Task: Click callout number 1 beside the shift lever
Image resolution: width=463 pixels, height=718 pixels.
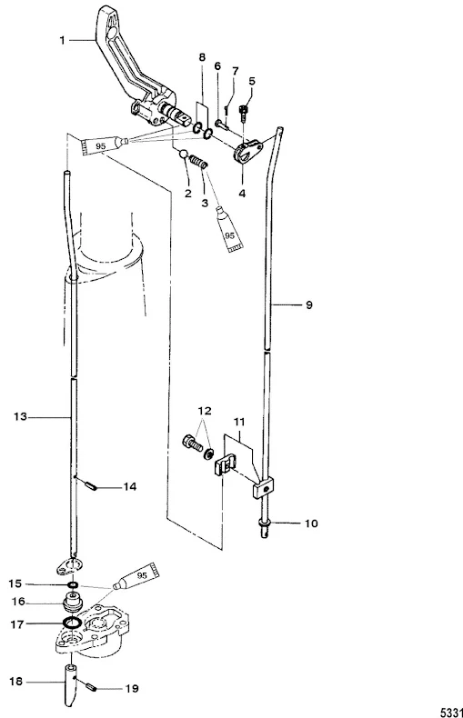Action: [63, 41]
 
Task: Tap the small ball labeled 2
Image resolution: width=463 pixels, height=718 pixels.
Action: [184, 155]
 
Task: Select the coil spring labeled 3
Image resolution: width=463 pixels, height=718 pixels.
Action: [199, 162]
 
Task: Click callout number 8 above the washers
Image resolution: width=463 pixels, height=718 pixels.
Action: [202, 57]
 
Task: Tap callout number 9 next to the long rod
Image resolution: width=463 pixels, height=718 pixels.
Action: [309, 304]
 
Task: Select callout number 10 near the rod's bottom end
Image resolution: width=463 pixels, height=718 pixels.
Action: [311, 523]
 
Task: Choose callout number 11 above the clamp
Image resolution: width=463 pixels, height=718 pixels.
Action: [239, 422]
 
